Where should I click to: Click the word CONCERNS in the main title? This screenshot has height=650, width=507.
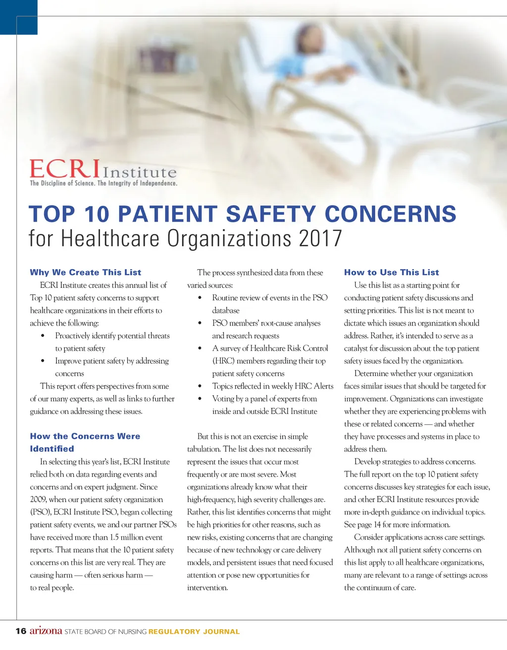[390, 214]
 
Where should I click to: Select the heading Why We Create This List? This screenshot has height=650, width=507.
[86, 273]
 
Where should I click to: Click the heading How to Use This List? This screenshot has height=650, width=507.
[391, 273]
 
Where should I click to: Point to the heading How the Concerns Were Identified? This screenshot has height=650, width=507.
[85, 442]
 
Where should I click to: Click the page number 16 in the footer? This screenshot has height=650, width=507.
[21, 631]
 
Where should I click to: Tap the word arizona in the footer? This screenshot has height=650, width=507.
[46, 631]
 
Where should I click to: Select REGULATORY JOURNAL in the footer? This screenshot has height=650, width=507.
[194, 632]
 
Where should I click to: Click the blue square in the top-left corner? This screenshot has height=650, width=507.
[18, 17]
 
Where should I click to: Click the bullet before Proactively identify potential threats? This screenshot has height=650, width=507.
[44, 336]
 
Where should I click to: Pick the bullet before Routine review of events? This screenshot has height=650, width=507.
[200, 298]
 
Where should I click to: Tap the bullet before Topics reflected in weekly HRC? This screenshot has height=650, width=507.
[200, 386]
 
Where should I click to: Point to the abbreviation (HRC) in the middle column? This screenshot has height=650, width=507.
[224, 361]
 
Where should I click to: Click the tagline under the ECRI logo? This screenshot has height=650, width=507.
[103, 184]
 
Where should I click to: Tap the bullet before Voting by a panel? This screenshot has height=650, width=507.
[200, 399]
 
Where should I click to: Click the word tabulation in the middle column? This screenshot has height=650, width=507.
[203, 449]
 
